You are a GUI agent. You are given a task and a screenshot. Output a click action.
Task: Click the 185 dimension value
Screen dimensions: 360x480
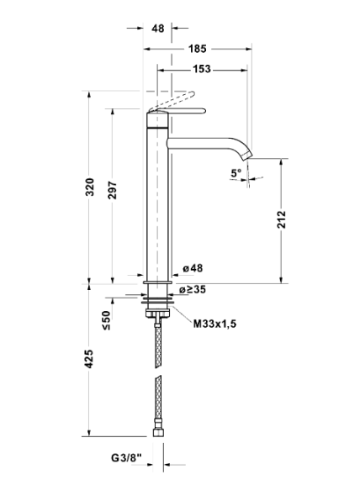198,49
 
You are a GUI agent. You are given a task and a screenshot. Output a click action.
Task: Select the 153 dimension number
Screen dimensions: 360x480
202,69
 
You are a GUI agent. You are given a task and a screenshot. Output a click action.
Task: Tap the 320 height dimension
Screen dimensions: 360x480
89,187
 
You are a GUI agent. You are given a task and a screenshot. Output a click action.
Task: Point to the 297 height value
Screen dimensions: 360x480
113,190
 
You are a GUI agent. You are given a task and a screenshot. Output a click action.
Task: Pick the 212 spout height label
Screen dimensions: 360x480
281,219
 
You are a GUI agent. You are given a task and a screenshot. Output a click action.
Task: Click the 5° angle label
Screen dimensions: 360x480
236,173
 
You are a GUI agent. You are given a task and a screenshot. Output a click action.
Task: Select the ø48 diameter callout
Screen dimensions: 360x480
193,268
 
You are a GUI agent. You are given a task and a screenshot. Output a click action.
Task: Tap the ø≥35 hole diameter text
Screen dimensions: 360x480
193,289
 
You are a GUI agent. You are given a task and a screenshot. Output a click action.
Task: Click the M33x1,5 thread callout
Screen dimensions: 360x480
214,324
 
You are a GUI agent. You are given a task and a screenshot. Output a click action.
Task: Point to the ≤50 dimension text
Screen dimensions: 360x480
106,320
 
